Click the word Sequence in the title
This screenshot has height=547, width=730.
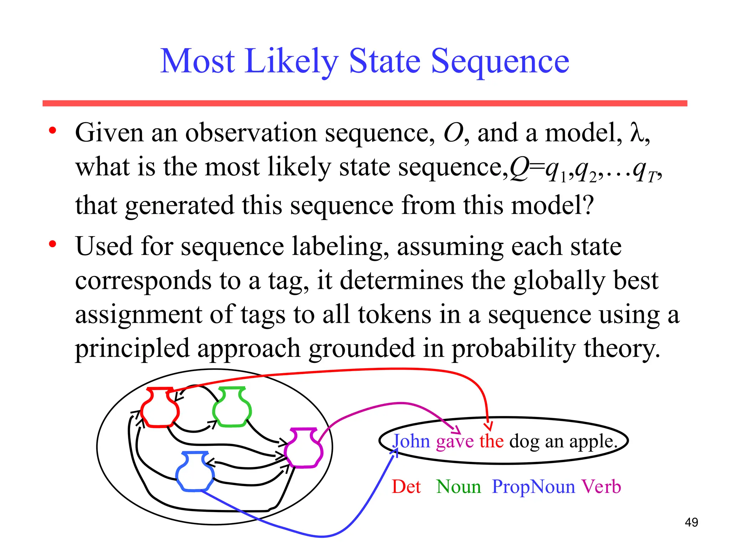500,62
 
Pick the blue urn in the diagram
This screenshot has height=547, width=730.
195,472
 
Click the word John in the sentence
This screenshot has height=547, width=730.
412,441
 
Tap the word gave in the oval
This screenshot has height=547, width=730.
455,442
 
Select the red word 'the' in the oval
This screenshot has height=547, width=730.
492,441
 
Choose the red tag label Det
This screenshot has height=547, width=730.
406,487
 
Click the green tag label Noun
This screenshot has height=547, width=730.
459,487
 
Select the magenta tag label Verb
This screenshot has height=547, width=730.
601,487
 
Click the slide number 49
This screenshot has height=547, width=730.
691,522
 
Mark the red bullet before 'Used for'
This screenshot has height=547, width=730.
53,244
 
